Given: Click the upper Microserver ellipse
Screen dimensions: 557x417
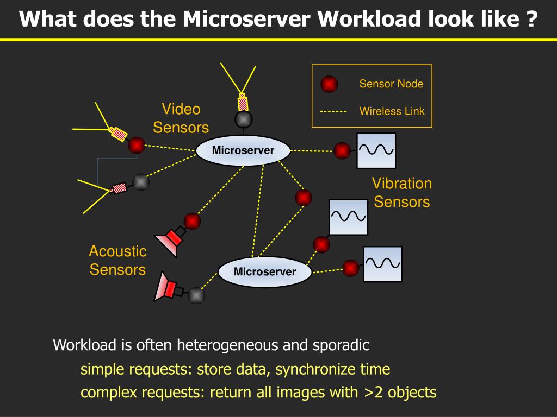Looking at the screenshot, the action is [243, 150].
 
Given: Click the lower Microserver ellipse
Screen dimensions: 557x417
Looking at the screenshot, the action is [265, 271].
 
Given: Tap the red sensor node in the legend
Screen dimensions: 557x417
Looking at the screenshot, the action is [329, 84].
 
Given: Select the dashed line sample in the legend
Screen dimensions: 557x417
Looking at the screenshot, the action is [333, 112].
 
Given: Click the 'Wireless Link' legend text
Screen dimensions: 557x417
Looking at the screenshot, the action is [392, 111].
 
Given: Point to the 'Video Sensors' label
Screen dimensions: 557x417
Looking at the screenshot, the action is [181, 118].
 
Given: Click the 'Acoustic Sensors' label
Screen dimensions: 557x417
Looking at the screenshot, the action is [117, 260].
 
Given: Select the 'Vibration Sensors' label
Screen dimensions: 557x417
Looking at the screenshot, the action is [402, 193].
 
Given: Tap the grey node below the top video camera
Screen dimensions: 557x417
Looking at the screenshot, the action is [244, 119].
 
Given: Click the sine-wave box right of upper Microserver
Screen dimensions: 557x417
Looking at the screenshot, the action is [376, 151].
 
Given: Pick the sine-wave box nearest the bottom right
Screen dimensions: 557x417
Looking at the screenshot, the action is [382, 264].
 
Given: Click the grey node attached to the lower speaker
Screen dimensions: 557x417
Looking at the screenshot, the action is [196, 295].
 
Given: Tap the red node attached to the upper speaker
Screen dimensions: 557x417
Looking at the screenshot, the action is [192, 222].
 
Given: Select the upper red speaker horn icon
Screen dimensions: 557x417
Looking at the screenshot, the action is [170, 241].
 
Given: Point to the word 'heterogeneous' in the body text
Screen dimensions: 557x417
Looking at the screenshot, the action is [227, 345].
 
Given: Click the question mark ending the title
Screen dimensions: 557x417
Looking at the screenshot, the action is [532, 19].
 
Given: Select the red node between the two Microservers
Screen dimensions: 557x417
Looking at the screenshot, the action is [304, 198].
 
